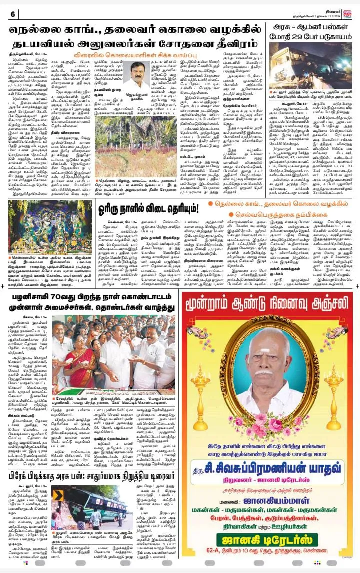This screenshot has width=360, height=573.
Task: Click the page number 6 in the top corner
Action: (x=12, y=14)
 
